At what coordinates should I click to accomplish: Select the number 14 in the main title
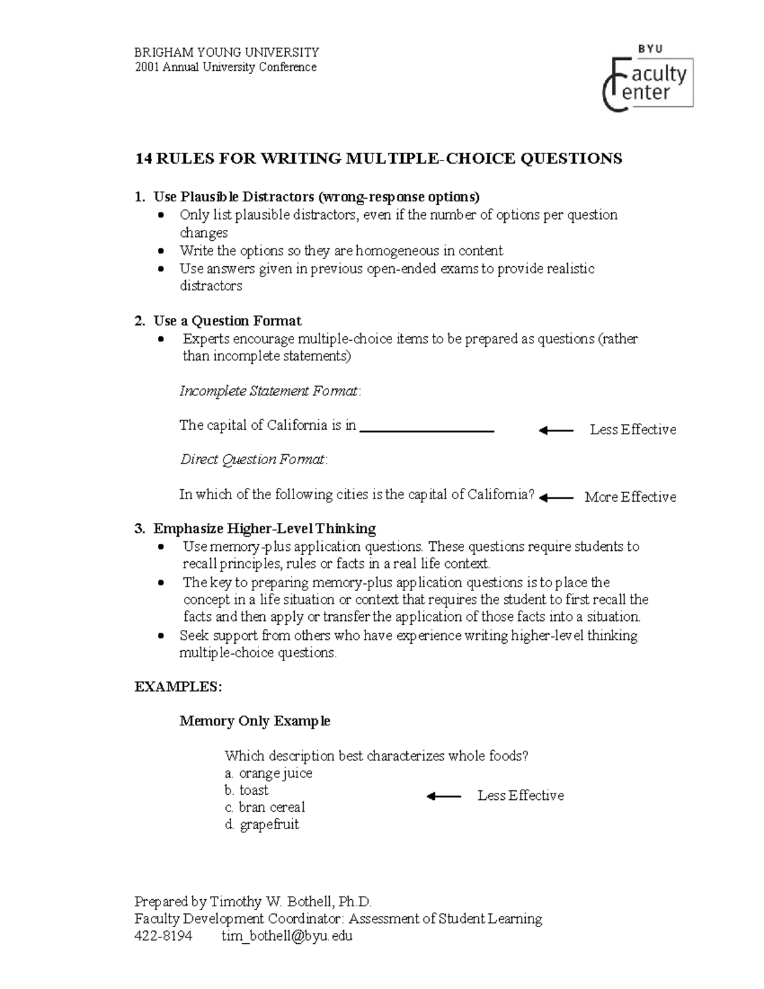(143, 159)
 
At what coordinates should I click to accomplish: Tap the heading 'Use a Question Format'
(227, 321)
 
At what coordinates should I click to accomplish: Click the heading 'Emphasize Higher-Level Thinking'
(264, 529)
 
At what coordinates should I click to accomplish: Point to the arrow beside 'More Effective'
(556, 497)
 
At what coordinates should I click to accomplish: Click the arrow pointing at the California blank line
(556, 430)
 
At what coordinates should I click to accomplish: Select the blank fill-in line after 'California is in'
(427, 431)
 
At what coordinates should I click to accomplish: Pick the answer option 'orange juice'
(275, 773)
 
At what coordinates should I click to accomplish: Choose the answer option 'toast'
(253, 790)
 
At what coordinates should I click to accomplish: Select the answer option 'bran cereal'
(272, 808)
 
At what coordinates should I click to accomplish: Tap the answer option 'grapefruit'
(269, 825)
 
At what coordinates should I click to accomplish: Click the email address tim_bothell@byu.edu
(286, 936)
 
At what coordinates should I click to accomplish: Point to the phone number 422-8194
(163, 936)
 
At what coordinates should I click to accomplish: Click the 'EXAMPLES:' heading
(178, 687)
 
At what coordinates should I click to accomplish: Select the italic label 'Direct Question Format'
(253, 460)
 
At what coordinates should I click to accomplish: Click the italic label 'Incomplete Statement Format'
(269, 391)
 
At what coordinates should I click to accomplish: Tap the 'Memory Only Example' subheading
(255, 721)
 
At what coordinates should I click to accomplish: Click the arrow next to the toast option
(444, 796)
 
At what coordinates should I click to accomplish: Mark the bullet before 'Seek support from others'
(164, 636)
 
